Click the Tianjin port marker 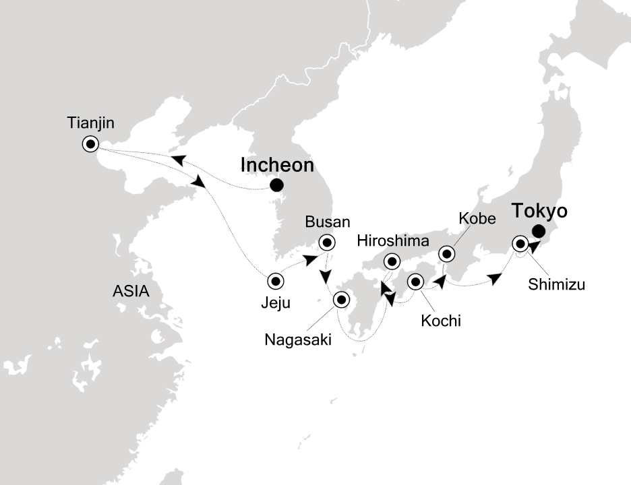click(x=90, y=143)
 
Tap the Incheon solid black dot click(x=276, y=186)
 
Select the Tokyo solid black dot click(x=537, y=232)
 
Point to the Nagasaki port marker click(x=341, y=300)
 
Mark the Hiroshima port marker click(x=391, y=261)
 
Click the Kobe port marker click(x=447, y=254)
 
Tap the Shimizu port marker click(x=520, y=243)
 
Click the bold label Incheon click(x=276, y=165)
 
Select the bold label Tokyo click(x=539, y=212)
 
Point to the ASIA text click(x=131, y=292)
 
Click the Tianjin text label click(x=91, y=123)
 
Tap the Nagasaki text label click(x=299, y=340)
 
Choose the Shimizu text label click(x=555, y=284)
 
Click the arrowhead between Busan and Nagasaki click(x=326, y=277)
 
